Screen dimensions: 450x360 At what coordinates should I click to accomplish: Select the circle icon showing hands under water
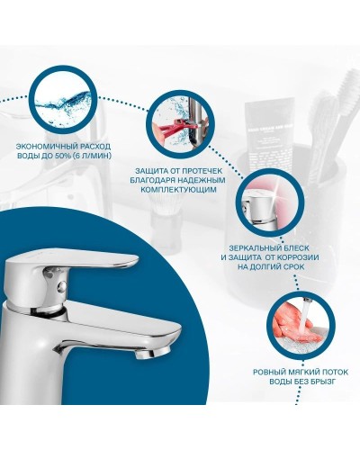(x=296, y=327)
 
